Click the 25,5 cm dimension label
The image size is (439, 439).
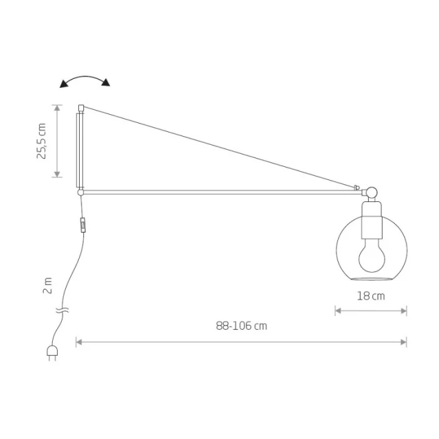tap(41, 141)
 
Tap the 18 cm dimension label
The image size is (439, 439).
tap(371, 296)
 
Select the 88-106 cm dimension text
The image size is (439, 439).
tap(241, 326)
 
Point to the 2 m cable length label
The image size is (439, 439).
tap(48, 285)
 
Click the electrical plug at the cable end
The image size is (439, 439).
tap(52, 352)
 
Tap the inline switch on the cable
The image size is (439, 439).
tap(83, 225)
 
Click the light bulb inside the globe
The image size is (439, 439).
tap(372, 255)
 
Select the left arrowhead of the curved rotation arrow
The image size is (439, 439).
tap(64, 83)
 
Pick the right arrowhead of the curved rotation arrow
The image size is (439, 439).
tap(106, 82)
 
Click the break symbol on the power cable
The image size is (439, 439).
tap(62, 310)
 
